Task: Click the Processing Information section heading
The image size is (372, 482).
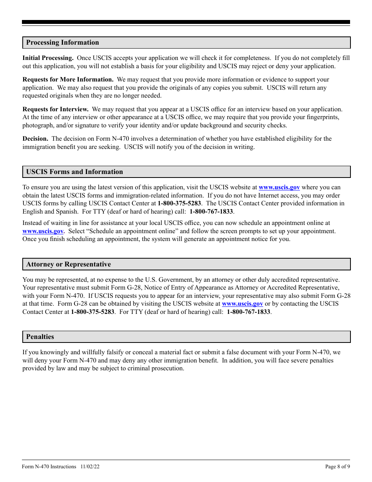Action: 63,43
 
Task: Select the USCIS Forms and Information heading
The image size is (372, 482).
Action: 74,172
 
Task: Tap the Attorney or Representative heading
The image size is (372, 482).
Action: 69,265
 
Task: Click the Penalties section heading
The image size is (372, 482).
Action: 40,337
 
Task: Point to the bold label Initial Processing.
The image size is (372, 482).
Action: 48,58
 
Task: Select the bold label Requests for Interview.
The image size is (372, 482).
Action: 55,109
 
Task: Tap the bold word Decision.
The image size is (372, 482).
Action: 35,139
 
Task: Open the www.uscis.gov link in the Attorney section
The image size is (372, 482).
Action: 242,304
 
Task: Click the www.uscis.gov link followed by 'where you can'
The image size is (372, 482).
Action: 279,188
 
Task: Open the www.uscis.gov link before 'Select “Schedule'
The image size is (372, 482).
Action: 43,231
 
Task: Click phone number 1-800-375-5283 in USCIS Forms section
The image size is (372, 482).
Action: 179,203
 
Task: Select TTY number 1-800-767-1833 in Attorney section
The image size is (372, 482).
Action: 248,312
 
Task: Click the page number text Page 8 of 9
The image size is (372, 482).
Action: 338,467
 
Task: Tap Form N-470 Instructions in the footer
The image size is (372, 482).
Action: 49,467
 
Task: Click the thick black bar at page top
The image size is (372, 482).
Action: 186,22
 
